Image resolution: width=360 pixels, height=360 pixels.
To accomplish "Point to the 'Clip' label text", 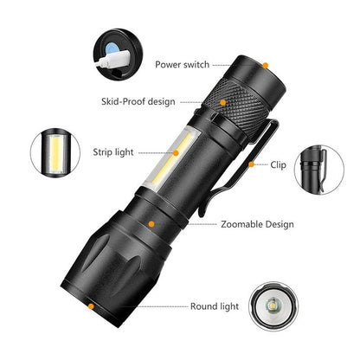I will tap(279, 163).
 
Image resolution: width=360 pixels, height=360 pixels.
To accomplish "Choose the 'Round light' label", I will tap(215, 305).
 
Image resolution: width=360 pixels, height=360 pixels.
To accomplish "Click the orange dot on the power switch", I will tap(266, 65).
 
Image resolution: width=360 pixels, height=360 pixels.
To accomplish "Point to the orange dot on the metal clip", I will tap(251, 163).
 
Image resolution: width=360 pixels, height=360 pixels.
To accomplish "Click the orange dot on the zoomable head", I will tap(152, 224).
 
